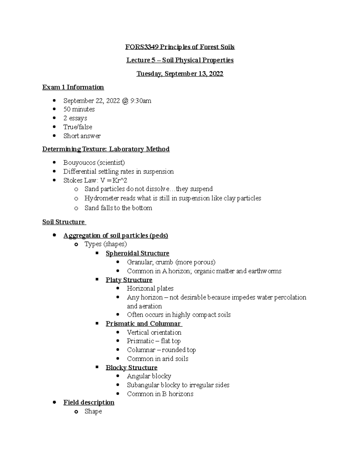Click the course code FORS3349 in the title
tap(141, 47)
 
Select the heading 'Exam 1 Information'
tap(73, 87)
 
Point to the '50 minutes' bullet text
tap(79, 109)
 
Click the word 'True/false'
tap(78, 127)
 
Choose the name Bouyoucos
tap(79, 163)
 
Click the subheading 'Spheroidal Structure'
tap(137, 253)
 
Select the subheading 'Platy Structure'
tap(129, 280)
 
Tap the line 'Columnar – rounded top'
tap(161, 350)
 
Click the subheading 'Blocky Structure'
tap(131, 368)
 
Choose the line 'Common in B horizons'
tap(160, 394)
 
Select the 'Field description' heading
tap(89, 402)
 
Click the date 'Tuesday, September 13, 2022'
tap(180, 74)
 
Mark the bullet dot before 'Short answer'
tap(54, 136)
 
